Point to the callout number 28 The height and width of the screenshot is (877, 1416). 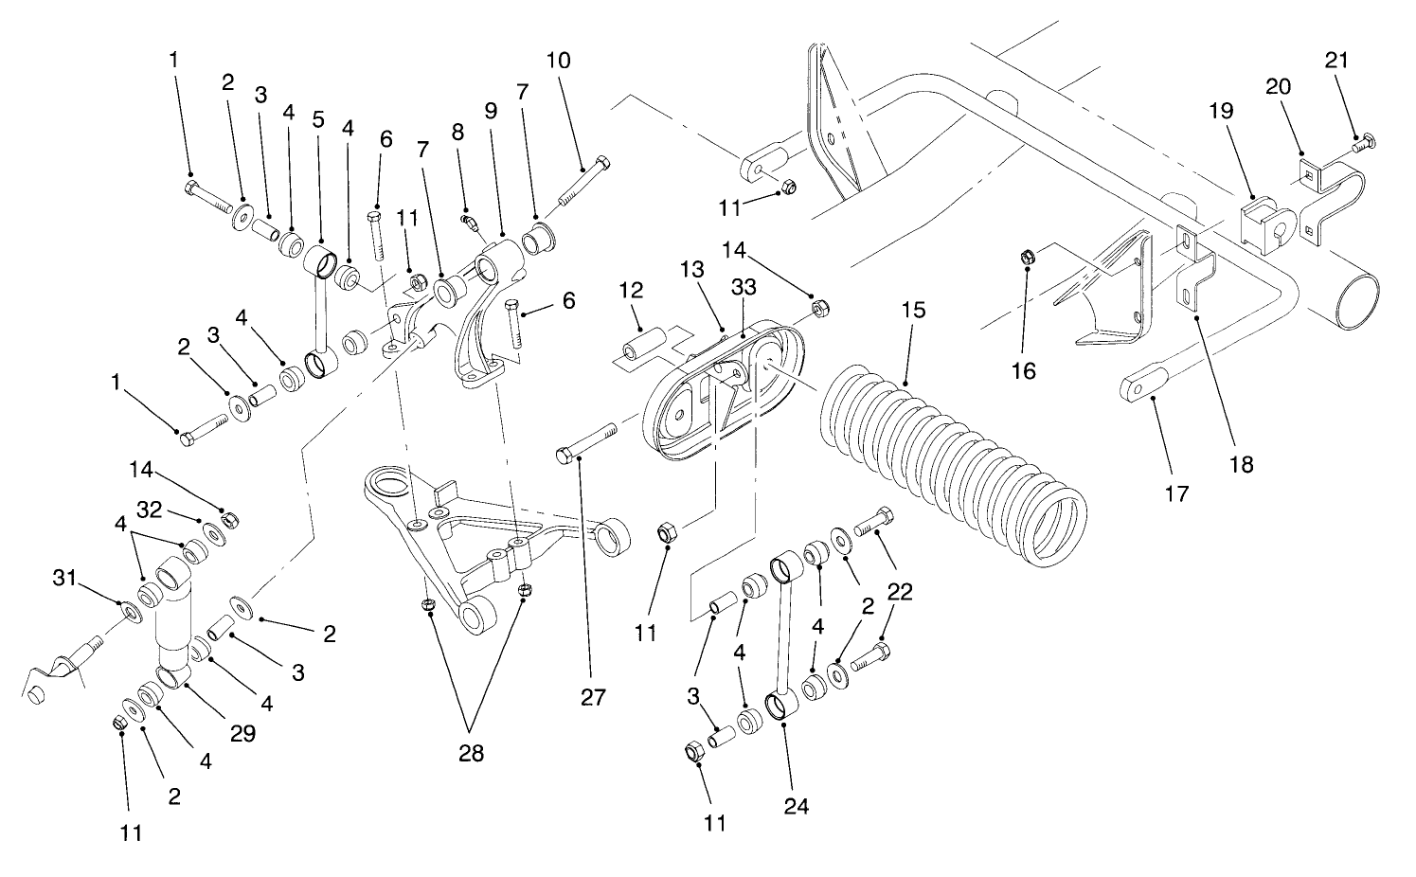(471, 754)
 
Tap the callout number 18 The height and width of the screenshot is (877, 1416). (1240, 464)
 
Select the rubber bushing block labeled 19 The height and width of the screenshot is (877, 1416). (1261, 224)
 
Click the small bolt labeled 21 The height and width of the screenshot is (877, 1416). (1364, 145)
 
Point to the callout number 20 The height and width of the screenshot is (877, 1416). (1279, 87)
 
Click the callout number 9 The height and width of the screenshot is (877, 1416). (490, 110)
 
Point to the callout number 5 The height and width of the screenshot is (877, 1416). (318, 120)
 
